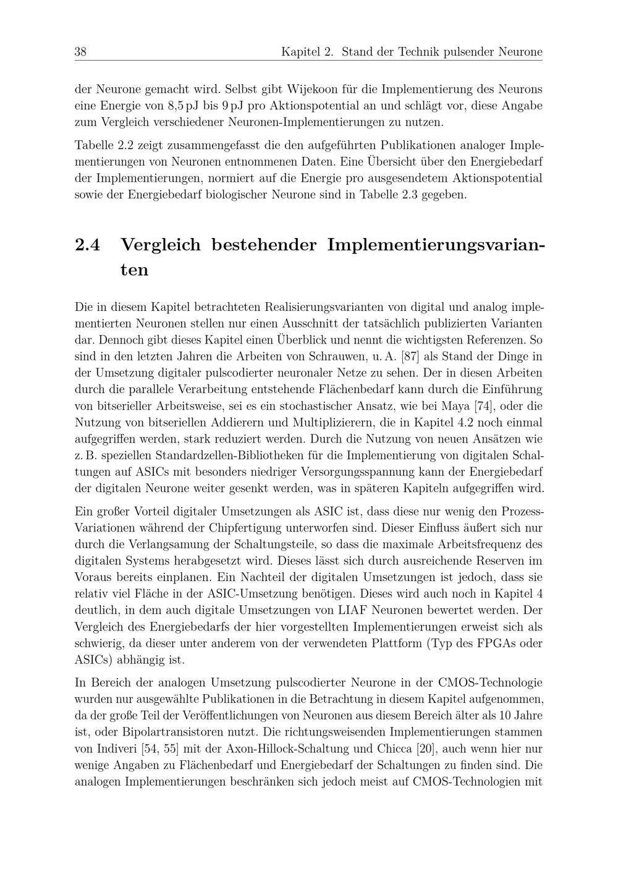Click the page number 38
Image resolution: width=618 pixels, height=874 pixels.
coord(80,52)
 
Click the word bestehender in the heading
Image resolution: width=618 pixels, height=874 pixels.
coord(264,245)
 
